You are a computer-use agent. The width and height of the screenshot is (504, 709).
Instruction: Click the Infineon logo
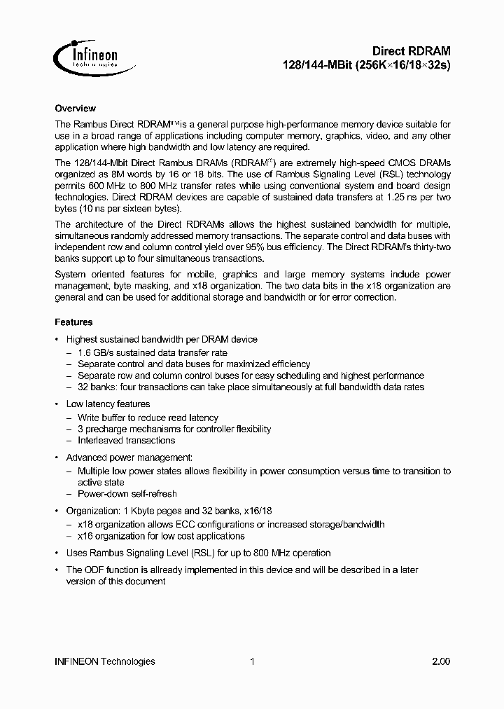(x=90, y=57)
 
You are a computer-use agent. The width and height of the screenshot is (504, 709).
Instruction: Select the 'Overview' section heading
(x=75, y=109)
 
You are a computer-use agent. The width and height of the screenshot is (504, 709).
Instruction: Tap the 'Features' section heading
(x=73, y=322)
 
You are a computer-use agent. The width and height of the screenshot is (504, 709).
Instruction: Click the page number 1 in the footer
(x=252, y=661)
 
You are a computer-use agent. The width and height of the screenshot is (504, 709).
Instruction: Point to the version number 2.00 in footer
(x=441, y=661)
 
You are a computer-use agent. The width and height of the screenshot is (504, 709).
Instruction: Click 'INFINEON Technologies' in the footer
(x=104, y=661)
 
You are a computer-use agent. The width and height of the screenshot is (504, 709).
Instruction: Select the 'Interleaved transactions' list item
(x=126, y=441)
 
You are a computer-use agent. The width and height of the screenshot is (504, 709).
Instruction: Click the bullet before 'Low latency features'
(x=57, y=404)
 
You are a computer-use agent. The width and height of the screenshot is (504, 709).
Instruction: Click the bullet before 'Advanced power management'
(x=57, y=457)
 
